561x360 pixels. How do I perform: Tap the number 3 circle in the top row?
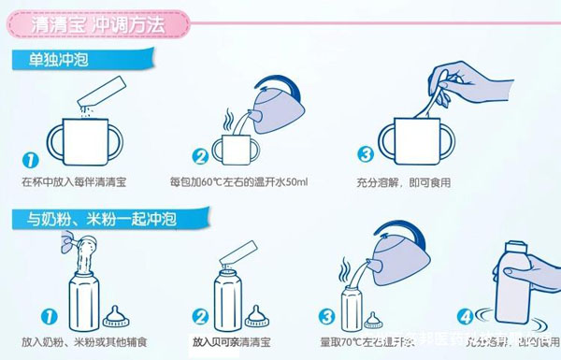[366, 155]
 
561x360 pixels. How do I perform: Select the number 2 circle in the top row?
[200, 157]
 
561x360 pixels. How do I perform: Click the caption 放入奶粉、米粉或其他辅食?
[85, 342]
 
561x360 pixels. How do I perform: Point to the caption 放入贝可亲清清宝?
[237, 342]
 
